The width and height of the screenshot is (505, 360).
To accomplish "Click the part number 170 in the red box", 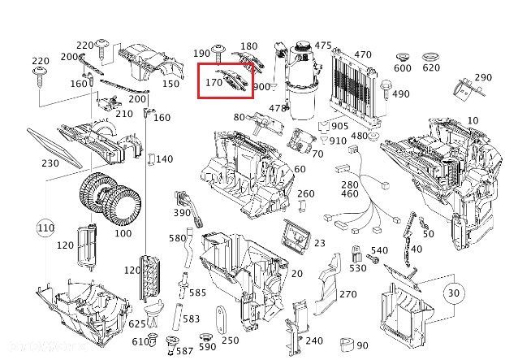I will [x=214, y=82].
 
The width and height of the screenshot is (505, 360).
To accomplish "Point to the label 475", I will [x=323, y=46].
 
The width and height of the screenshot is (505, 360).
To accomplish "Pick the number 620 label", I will [x=431, y=67].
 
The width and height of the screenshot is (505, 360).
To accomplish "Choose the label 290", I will [x=483, y=78].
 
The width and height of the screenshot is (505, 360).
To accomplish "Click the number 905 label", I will [x=339, y=126].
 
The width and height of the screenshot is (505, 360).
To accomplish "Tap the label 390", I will [x=182, y=212].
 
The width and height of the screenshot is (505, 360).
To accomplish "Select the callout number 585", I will [x=198, y=292].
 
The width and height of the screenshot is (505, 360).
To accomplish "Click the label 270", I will [x=348, y=294].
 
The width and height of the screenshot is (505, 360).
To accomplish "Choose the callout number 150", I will [x=170, y=84].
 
